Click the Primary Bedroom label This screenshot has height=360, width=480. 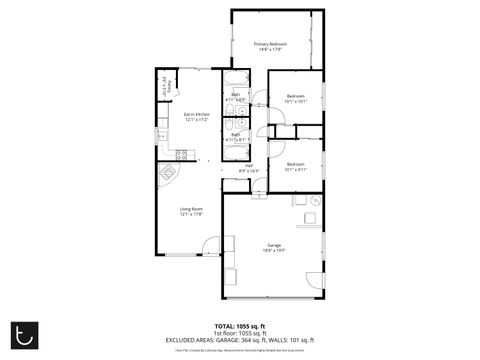point(270,46)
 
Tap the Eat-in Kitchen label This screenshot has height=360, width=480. point(196,117)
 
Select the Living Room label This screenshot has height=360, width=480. point(191,211)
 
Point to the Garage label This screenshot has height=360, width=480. point(274,247)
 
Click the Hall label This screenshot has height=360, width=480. point(248,168)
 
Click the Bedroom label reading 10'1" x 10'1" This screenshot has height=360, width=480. point(296,99)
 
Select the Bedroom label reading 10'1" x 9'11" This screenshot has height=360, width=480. point(296,166)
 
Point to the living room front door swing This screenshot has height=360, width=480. point(210,244)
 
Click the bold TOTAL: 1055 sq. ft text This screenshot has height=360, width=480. point(240,325)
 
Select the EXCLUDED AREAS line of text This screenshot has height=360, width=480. point(240,340)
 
